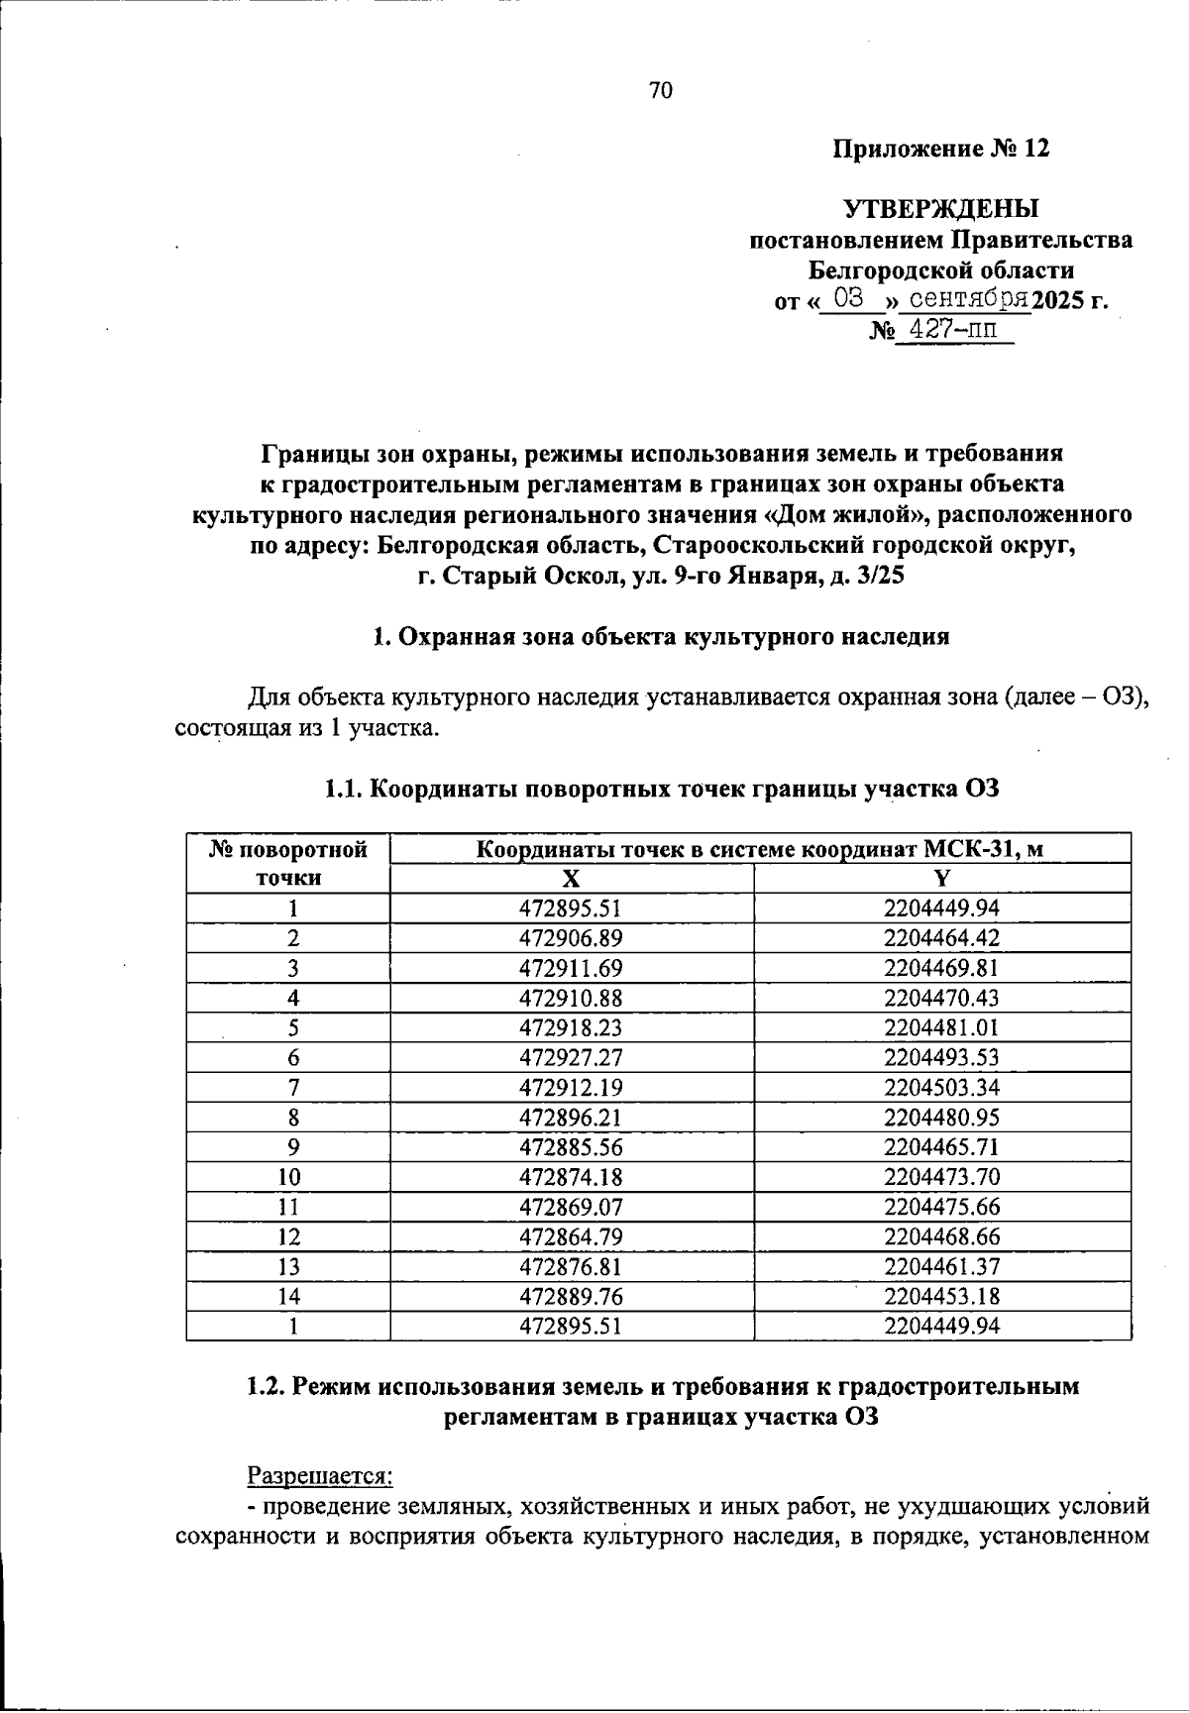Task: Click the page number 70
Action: pos(661,91)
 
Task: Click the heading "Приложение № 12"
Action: pos(939,149)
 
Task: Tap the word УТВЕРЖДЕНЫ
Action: pos(940,208)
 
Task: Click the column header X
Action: pos(571,878)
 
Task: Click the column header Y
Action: pos(941,878)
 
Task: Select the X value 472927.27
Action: pos(571,1057)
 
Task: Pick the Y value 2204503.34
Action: pos(941,1087)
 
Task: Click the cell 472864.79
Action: pos(571,1236)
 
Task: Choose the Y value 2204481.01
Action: pos(941,1027)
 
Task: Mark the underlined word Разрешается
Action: pos(319,1475)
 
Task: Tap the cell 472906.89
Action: pos(571,937)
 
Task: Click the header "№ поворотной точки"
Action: pos(288,863)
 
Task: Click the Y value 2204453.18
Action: pos(941,1296)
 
